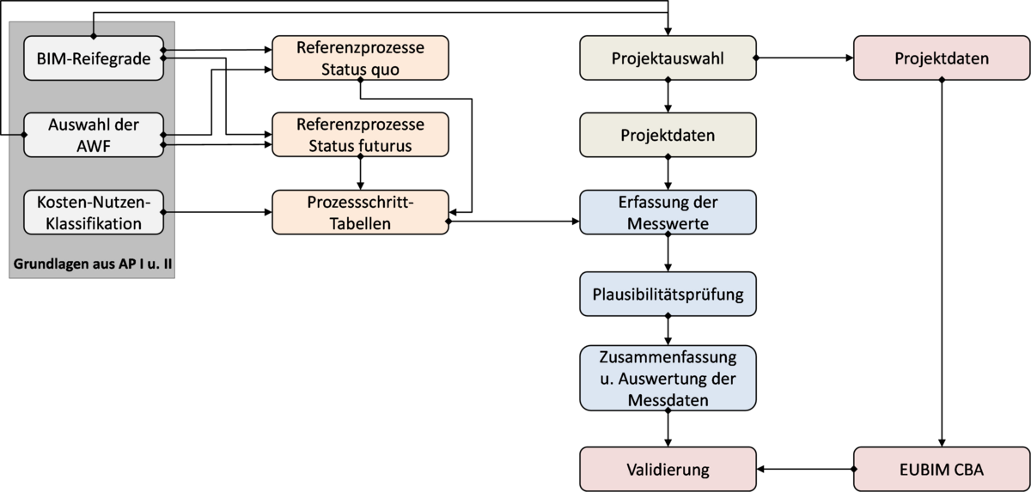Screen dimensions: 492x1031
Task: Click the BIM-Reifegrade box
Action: pos(93,59)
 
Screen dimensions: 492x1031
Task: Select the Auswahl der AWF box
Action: pos(93,136)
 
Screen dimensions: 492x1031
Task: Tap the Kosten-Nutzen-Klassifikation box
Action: pos(93,213)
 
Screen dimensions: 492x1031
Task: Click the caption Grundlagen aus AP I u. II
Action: pos(93,265)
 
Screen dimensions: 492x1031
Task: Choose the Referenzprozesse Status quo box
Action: pos(360,59)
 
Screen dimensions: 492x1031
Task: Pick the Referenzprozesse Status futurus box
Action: pos(360,136)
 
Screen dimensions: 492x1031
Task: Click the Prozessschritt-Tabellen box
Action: pos(360,213)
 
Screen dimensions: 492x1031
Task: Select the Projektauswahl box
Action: pos(668,59)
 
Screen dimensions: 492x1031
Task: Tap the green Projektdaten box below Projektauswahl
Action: pos(668,136)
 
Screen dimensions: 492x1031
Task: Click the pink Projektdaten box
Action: pos(942,59)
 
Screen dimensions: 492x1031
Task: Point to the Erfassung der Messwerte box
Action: pos(668,213)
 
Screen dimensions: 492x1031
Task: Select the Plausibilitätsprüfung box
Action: pos(668,295)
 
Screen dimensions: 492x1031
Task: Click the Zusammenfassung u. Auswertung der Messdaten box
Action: pos(668,379)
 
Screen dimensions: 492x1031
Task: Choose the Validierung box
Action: pos(668,470)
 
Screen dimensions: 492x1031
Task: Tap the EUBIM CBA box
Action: pos(942,470)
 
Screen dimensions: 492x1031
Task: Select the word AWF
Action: pos(94,146)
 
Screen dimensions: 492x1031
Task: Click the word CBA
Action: pos(967,470)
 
